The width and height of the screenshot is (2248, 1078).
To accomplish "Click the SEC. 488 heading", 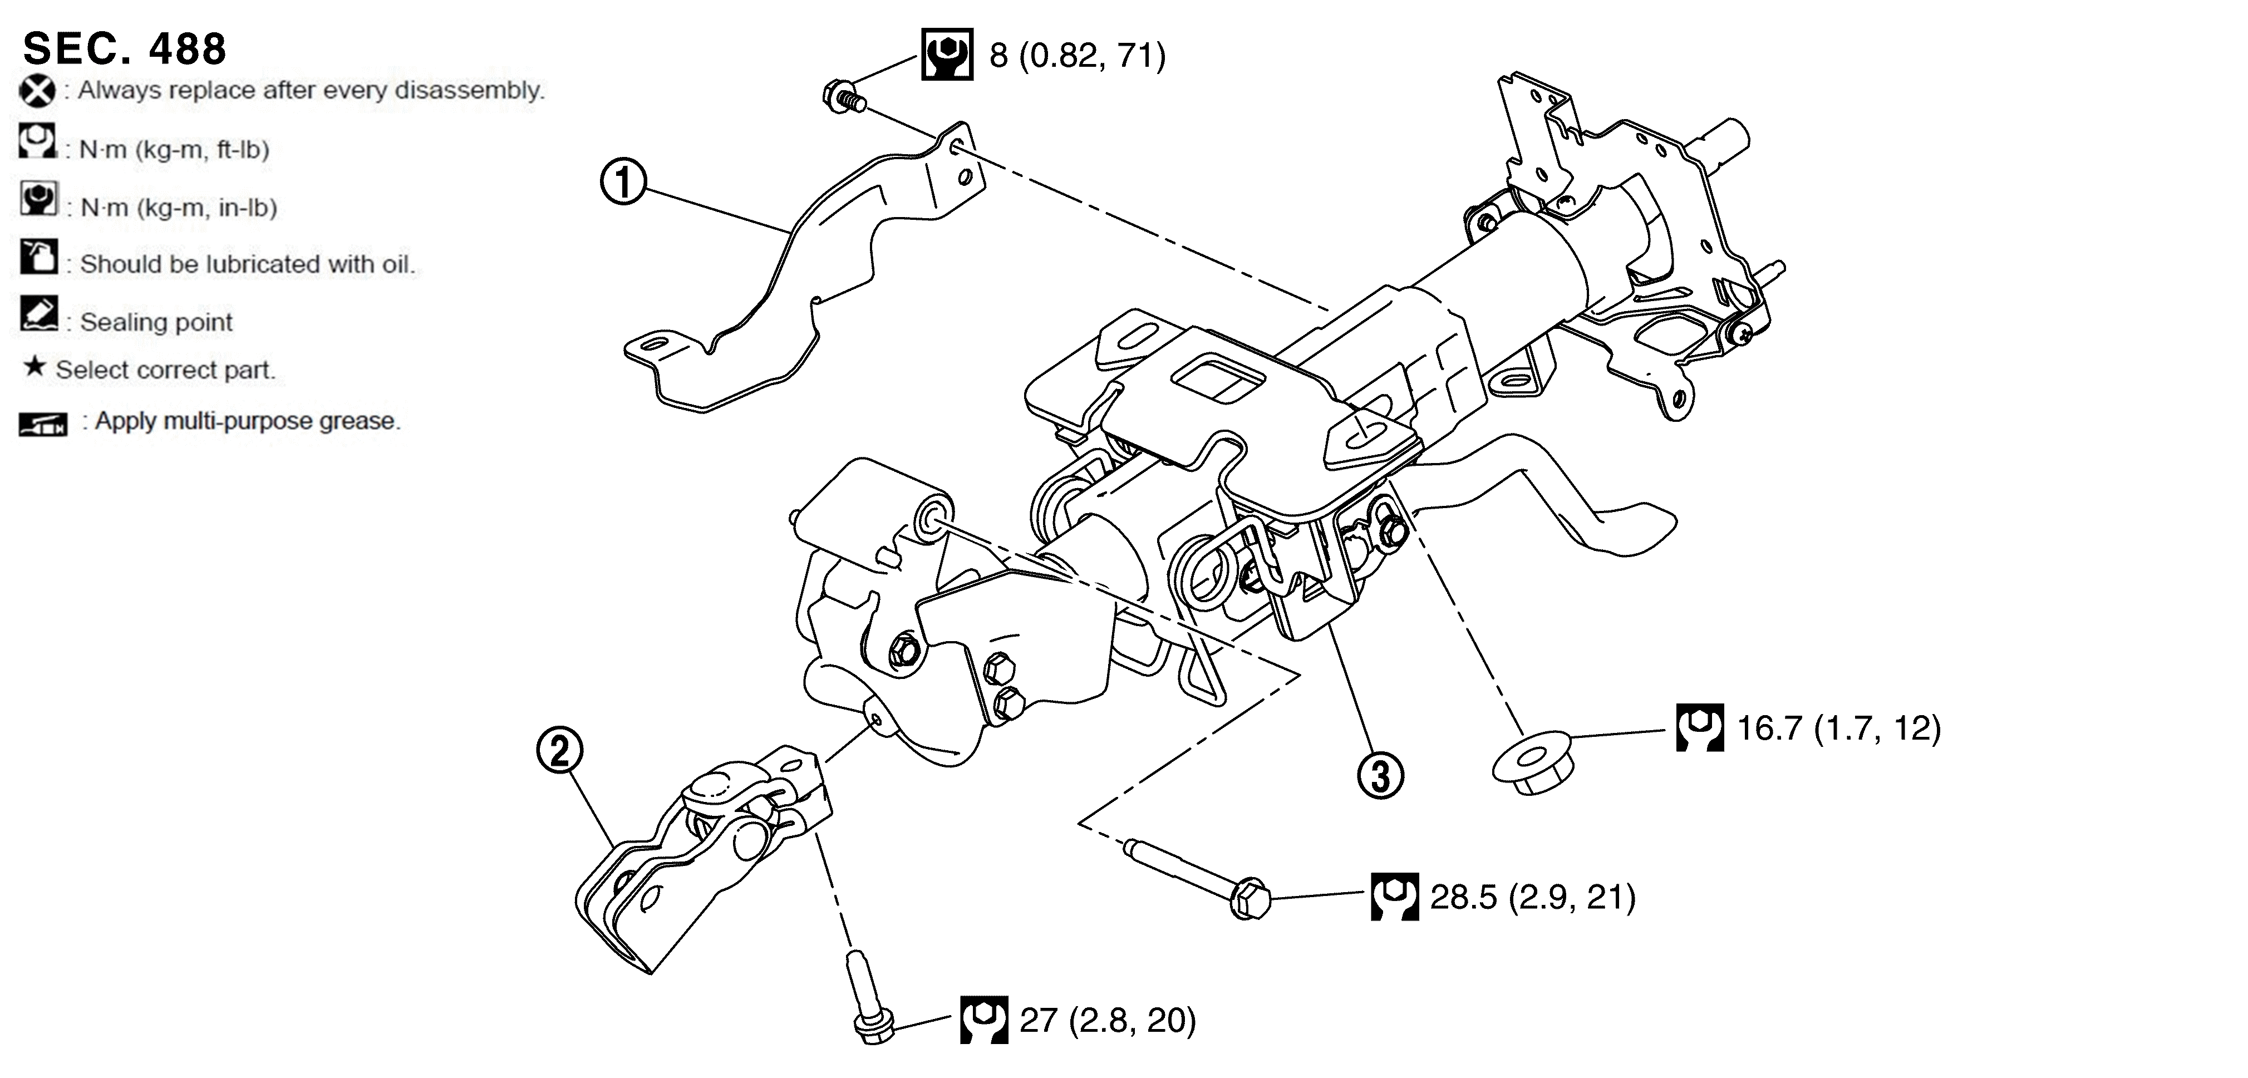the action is [124, 49].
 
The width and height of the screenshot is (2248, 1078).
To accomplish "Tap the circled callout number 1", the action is [623, 183].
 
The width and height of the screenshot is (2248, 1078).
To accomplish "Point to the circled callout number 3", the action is [1380, 776].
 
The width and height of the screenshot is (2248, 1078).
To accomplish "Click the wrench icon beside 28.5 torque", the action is [1395, 897].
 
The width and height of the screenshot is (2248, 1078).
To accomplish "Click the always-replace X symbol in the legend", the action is [37, 91].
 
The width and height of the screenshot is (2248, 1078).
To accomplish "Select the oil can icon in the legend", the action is [38, 257].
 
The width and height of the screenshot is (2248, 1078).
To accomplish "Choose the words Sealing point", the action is [156, 322].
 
